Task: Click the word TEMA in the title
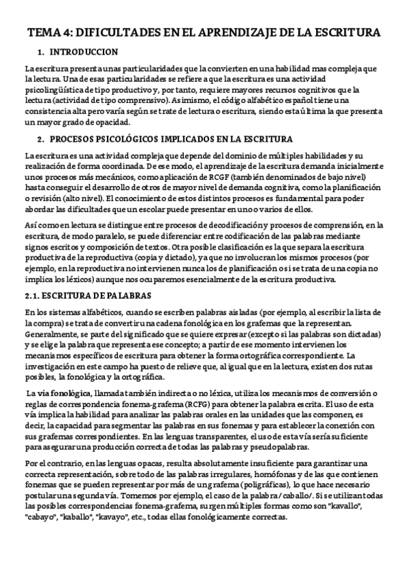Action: [42, 32]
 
